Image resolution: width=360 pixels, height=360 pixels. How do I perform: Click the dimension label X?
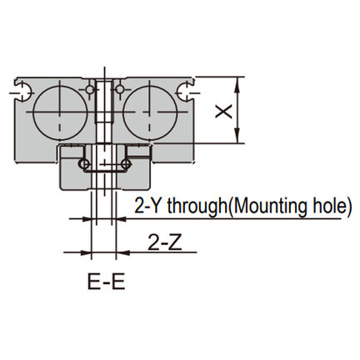point(224,112)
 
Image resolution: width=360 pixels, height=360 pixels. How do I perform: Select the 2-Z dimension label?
point(165,242)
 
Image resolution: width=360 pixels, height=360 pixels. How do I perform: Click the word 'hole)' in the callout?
point(332,206)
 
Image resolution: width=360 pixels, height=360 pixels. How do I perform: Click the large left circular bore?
point(60,112)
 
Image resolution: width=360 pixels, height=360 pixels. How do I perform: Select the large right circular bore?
point(150,112)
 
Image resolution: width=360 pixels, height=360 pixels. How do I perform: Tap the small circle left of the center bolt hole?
point(89,89)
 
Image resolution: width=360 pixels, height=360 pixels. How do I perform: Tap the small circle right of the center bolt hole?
point(120,89)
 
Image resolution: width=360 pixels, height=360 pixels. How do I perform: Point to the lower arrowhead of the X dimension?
point(237,136)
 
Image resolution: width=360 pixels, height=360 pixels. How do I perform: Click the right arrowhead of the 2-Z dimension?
point(123,252)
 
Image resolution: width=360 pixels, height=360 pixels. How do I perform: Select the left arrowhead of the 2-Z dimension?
point(84,252)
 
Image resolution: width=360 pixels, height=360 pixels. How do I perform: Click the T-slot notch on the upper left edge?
point(22,91)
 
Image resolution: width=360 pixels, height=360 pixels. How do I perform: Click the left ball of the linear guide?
point(84,163)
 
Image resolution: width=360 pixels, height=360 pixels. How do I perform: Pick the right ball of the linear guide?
point(126,163)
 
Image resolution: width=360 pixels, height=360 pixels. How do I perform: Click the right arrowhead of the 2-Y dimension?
point(121,219)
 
